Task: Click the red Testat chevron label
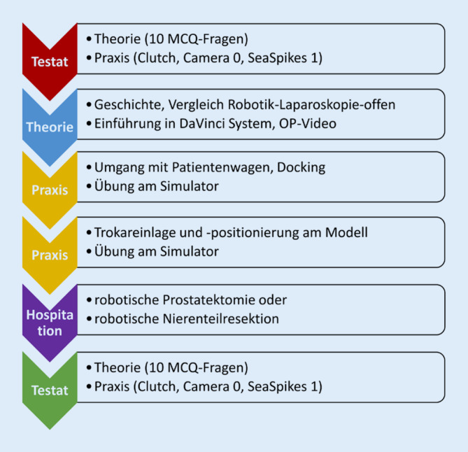coord(48,62)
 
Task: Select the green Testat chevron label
coord(48,390)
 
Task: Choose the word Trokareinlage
coord(134,232)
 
